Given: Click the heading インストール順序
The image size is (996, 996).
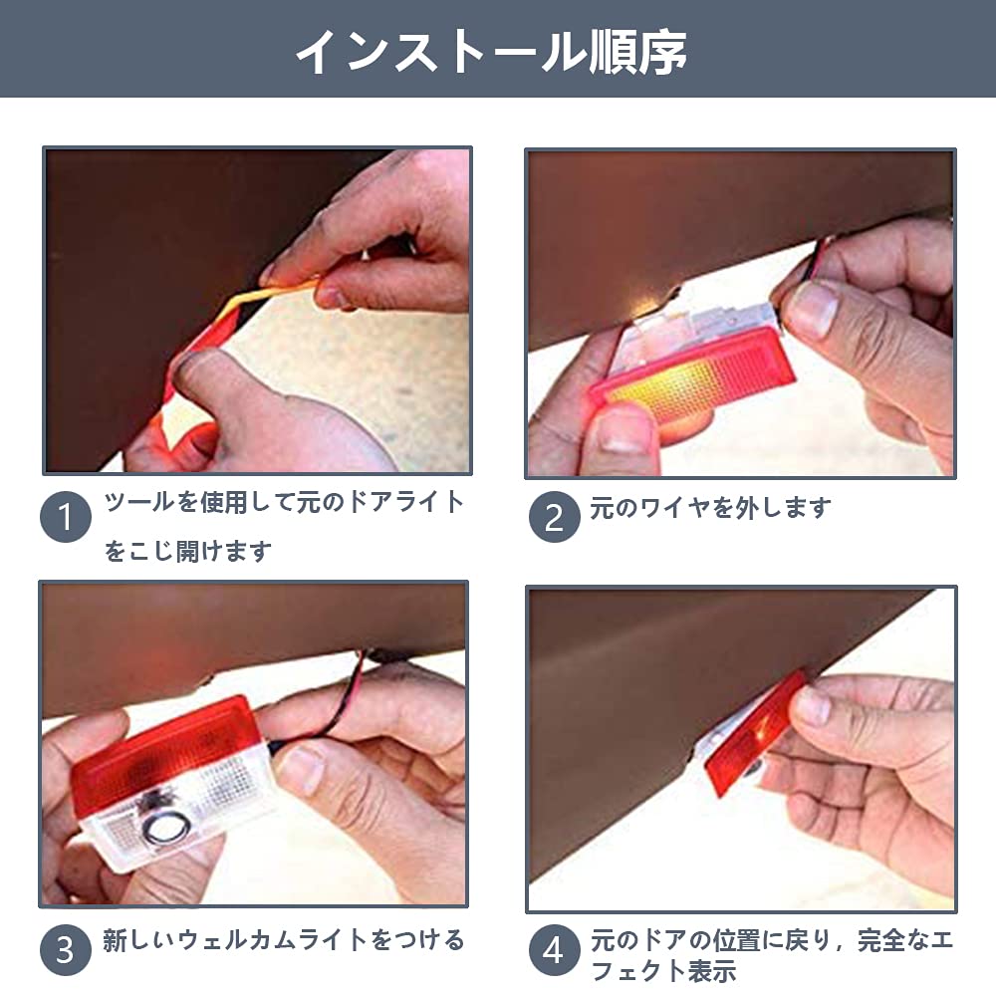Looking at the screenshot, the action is tap(491, 51).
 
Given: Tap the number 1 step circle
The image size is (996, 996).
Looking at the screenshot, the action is tap(66, 516).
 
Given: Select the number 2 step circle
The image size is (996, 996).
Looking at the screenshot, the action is tap(554, 516).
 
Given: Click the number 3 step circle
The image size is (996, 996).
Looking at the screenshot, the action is tap(66, 949).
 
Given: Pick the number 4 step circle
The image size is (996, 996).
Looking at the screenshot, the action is tap(554, 949).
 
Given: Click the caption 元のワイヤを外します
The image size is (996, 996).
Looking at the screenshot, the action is tap(711, 508).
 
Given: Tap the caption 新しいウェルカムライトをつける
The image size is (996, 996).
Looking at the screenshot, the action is tap(283, 940).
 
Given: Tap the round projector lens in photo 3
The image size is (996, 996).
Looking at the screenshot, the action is tap(166, 829).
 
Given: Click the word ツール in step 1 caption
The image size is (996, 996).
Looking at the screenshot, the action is tap(139, 502).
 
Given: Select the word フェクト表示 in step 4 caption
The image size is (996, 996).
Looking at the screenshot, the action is tap(663, 971).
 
